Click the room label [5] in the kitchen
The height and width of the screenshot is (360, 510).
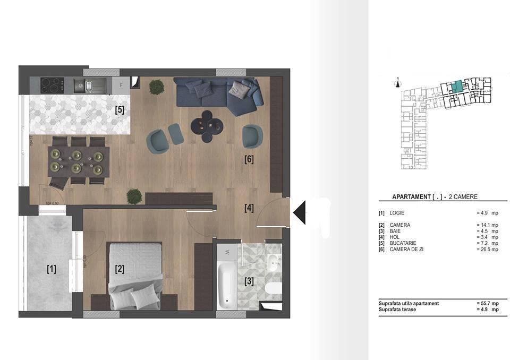pyautogui.click(x=120, y=110)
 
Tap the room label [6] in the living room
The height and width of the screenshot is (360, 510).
pyautogui.click(x=249, y=158)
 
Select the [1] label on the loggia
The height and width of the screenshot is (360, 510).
pyautogui.click(x=51, y=269)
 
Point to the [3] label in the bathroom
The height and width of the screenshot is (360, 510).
pyautogui.click(x=249, y=280)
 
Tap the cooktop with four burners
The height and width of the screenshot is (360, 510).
pyautogui.click(x=53, y=85)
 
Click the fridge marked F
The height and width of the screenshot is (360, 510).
pyautogui.click(x=121, y=85)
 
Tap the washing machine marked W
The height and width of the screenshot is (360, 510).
pyautogui.click(x=227, y=251)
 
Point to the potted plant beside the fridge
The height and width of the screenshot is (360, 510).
pyautogui.click(x=156, y=87)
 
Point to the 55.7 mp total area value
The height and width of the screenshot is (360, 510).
pyautogui.click(x=488, y=303)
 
